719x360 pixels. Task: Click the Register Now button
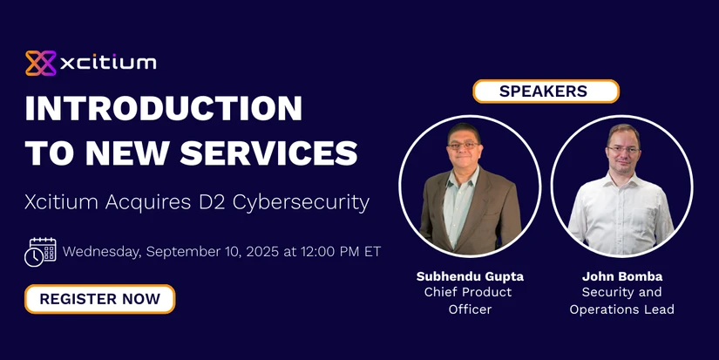[x=100, y=299]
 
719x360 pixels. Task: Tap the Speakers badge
[x=546, y=91]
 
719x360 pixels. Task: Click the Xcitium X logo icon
[x=41, y=63]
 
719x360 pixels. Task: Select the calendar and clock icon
[x=40, y=252]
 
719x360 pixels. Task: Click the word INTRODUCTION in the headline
[x=164, y=108]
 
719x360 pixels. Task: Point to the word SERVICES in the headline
[x=268, y=153]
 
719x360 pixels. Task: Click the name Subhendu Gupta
[x=470, y=276]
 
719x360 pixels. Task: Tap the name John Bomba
[x=622, y=276]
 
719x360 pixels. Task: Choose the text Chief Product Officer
[x=468, y=301]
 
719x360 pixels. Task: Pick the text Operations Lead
[x=621, y=309]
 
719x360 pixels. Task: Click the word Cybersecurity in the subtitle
[x=301, y=203]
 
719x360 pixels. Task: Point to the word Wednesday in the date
[x=102, y=252]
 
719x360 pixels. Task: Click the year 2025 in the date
[x=262, y=252]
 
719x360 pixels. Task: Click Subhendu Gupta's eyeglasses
[x=463, y=145]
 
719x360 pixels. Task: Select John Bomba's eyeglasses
[x=623, y=149]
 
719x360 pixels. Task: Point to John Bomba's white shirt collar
[x=621, y=179]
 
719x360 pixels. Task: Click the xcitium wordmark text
[x=108, y=63]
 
